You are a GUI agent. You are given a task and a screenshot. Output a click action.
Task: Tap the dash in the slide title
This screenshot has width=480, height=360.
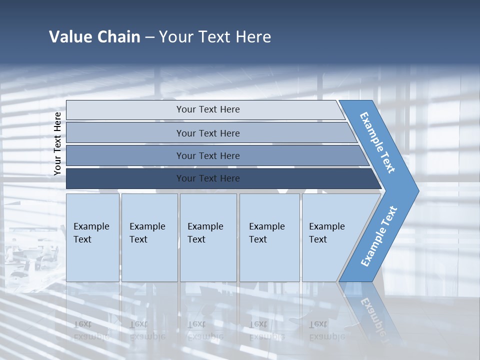tap(149, 37)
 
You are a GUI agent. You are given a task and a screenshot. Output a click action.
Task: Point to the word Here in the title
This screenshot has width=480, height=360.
tap(253, 37)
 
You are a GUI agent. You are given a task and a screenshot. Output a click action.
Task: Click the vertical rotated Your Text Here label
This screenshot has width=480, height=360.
tap(57, 143)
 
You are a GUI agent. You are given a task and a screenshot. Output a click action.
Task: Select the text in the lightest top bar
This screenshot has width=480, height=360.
tap(208, 109)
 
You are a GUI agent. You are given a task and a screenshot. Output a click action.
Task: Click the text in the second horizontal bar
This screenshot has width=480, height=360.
tap(208, 133)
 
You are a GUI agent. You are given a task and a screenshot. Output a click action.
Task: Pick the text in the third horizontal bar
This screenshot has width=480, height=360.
tap(208, 156)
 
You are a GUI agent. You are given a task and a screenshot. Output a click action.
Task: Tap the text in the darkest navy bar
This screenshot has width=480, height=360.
tap(208, 178)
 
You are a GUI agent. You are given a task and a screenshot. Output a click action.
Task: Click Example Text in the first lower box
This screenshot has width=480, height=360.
tap(91, 233)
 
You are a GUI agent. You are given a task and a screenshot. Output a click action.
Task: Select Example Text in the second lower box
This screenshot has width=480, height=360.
tap(147, 233)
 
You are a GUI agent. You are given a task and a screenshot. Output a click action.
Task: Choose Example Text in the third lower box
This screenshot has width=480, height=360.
tap(205, 233)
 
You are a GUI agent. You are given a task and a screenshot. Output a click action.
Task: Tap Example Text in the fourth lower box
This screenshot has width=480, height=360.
tap(266, 233)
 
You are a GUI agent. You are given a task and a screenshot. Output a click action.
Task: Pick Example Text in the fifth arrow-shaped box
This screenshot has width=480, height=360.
tap(326, 233)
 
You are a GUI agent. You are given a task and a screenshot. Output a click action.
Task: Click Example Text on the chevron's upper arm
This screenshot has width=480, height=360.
tap(377, 142)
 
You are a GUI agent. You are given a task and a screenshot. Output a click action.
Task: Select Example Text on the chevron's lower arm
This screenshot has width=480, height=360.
tap(378, 236)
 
